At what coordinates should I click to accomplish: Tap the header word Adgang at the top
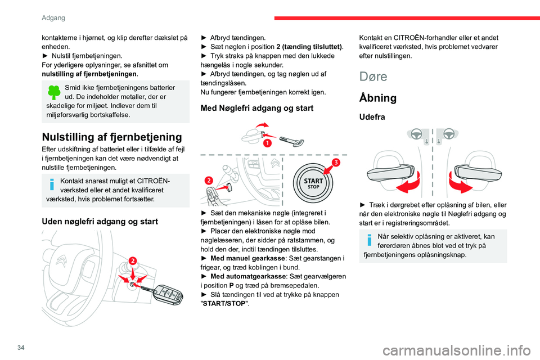click(x=53, y=10)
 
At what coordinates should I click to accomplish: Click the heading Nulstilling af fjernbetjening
click(x=112, y=137)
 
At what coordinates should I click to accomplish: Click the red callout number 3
click(x=336, y=163)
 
